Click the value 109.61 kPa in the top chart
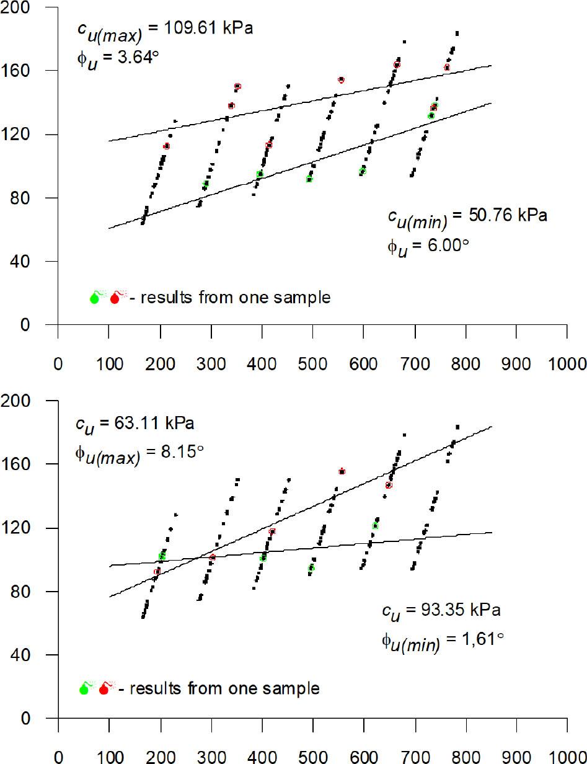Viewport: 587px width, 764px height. [205, 29]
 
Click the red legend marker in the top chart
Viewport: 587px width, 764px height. [115, 298]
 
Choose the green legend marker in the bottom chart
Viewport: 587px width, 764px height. [84, 688]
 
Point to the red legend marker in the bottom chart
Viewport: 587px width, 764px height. [104, 688]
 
